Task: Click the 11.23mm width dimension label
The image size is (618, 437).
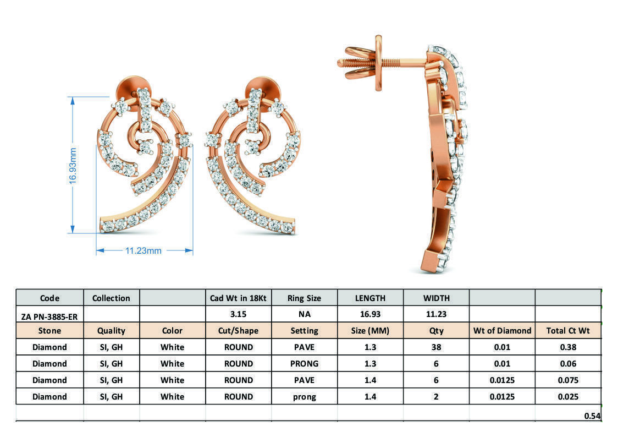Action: [x=144, y=250]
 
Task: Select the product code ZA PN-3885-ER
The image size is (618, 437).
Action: [x=49, y=315]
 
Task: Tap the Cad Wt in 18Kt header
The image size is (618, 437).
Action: [x=238, y=298]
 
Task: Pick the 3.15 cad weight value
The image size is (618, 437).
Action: [x=238, y=314]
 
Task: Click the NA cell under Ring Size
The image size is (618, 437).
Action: [x=304, y=314]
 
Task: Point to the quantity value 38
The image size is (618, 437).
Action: [x=436, y=347]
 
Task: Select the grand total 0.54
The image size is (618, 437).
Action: [x=592, y=416]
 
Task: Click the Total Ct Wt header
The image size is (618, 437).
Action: [x=568, y=331]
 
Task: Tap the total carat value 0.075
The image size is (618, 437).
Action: [x=568, y=380]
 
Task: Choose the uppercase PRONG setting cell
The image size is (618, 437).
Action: [x=304, y=364]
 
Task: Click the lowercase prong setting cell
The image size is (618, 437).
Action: [x=304, y=397]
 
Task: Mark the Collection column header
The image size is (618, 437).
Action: [x=111, y=298]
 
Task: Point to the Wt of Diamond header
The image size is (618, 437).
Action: [x=502, y=331]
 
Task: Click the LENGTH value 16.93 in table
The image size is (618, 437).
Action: [x=370, y=314]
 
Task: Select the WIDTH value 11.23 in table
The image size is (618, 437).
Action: [x=436, y=314]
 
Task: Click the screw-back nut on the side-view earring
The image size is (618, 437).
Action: [x=378, y=63]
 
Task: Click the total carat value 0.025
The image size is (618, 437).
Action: [x=568, y=397]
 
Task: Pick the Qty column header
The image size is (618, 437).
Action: [x=436, y=331]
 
